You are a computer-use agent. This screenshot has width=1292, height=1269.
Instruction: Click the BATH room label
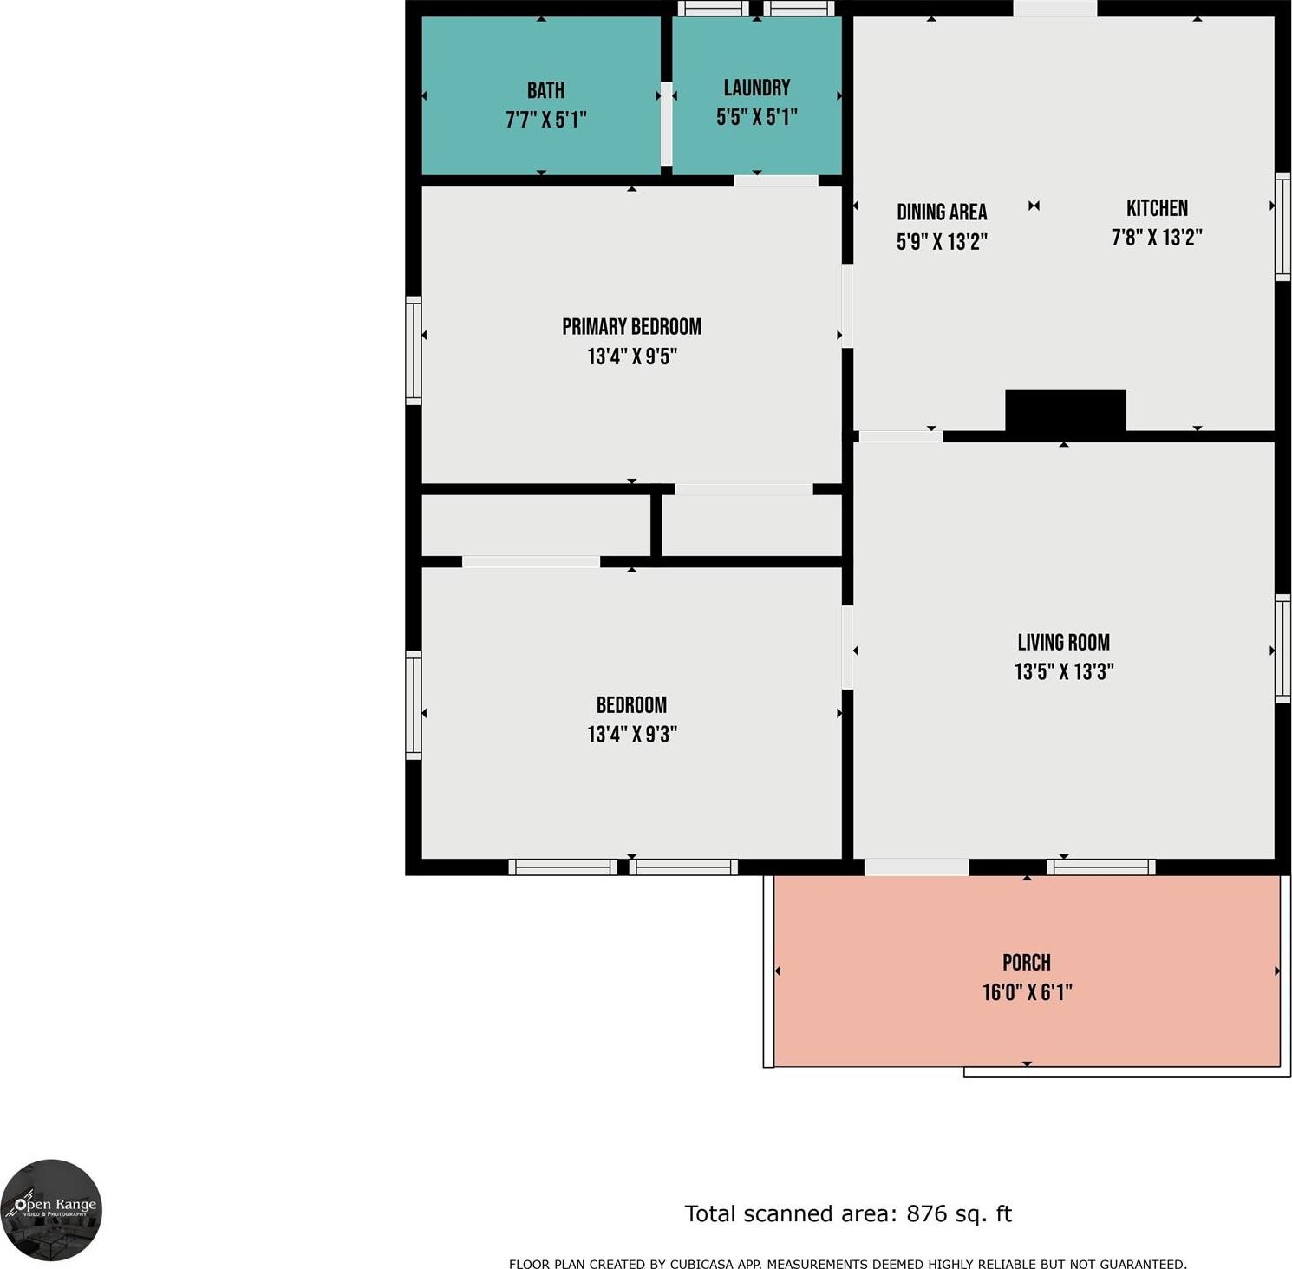(x=545, y=90)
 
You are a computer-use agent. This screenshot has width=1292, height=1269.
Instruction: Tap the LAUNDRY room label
(x=757, y=88)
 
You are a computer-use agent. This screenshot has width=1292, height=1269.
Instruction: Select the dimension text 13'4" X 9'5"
(x=632, y=356)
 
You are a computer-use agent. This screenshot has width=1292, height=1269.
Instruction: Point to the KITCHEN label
(x=1157, y=208)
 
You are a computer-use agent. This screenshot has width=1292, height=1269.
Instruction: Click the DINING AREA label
(x=942, y=212)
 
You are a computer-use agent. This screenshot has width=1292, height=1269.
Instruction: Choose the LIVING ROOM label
(x=1064, y=642)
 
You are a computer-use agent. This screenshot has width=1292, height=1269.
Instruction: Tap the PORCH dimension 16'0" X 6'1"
(x=1027, y=991)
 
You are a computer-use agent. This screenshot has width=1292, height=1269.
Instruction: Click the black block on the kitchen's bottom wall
(x=1066, y=410)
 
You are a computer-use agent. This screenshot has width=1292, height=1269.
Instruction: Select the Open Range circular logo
(x=51, y=1211)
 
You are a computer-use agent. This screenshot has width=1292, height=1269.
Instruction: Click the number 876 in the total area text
(x=927, y=1213)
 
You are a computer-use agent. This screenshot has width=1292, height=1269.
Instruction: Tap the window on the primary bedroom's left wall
(x=414, y=350)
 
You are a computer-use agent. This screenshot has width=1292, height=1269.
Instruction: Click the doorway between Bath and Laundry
(x=666, y=123)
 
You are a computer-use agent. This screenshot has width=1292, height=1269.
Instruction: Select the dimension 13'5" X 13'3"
(x=1064, y=671)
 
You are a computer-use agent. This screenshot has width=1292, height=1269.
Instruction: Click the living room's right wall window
(x=1282, y=648)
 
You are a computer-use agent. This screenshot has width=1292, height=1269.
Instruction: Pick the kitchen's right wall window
(x=1282, y=226)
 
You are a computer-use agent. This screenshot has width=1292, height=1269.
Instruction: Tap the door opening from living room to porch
(x=917, y=867)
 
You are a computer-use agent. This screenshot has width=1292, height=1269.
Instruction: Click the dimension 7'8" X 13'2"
(x=1157, y=237)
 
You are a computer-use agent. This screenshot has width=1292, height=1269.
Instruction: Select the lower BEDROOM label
(x=631, y=704)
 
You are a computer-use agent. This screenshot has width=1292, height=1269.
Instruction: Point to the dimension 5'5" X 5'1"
(x=757, y=117)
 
